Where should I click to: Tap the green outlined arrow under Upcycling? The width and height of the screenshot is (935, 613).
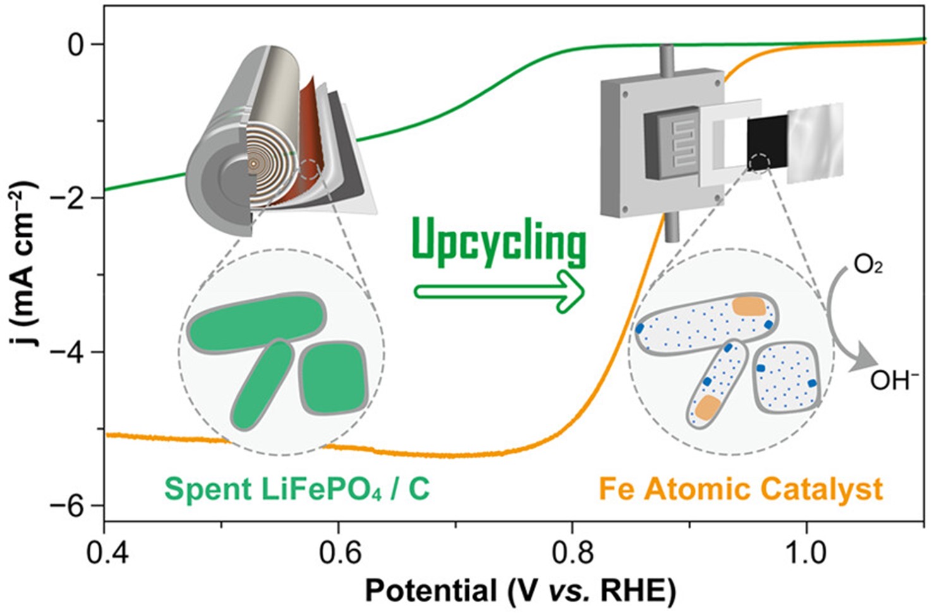pyautogui.click(x=499, y=292)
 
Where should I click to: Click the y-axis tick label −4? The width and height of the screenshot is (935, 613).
pyautogui.click(x=68, y=352)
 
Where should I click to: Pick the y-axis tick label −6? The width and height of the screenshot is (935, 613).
pyautogui.click(x=68, y=506)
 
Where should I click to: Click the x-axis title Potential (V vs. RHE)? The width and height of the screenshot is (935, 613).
pyautogui.click(x=520, y=592)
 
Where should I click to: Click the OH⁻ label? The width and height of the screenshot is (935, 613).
pyautogui.click(x=893, y=381)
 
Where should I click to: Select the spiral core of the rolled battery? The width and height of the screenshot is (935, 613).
pyautogui.click(x=253, y=164)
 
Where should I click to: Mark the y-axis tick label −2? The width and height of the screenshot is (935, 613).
pyautogui.click(x=68, y=198)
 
